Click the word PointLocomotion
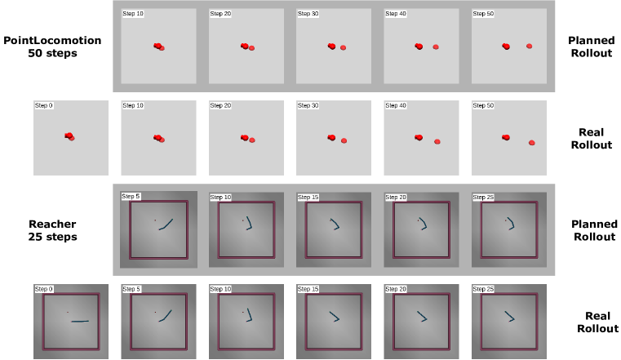pyautogui.click(x=52, y=40)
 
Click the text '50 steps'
pyautogui.click(x=52, y=53)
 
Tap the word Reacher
pyautogui.click(x=52, y=224)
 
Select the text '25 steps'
pyautogui.click(x=52, y=237)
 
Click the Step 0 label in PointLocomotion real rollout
pyautogui.click(x=43, y=105)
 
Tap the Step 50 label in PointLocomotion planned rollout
pyautogui.click(x=483, y=13)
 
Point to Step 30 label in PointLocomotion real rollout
pyautogui.click(x=308, y=105)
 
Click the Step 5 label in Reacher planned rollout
pyautogui.click(x=131, y=196)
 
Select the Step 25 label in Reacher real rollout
pyautogui.click(x=483, y=289)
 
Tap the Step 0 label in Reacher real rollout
pyautogui.click(x=43, y=289)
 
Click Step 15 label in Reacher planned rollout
pyautogui.click(x=308, y=198)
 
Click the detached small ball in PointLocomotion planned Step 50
pyautogui.click(x=529, y=47)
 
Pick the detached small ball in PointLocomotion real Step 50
pyautogui.click(x=532, y=143)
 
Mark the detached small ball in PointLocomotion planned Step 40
pyautogui.click(x=436, y=47)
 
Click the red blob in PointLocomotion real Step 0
pyautogui.click(x=69, y=136)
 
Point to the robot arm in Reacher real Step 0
pyautogui.click(x=80, y=321)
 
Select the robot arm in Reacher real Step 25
pyautogui.click(x=510, y=317)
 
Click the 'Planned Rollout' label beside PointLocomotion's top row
pyautogui.click(x=592, y=47)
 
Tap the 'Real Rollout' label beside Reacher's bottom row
pyautogui.click(x=597, y=322)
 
